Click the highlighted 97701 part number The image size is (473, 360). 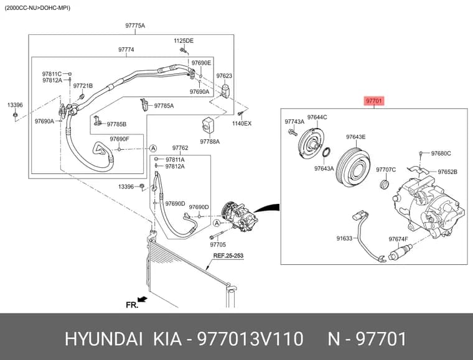pyautogui.click(x=374, y=101)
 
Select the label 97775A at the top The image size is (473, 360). pyautogui.click(x=135, y=25)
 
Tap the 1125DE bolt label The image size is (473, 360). pyautogui.click(x=184, y=40)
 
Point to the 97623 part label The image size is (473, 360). pyautogui.click(x=224, y=76)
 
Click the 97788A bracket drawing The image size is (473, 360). pyautogui.click(x=207, y=125)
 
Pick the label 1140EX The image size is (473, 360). pyautogui.click(x=241, y=123)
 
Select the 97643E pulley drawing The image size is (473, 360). pyautogui.click(x=353, y=167)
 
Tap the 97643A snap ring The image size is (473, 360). pyautogui.click(x=326, y=152)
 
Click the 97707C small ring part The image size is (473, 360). pyautogui.click(x=384, y=184)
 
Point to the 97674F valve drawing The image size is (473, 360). pyautogui.click(x=400, y=252)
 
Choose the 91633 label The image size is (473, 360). pyautogui.click(x=344, y=238)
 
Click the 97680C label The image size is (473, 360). pyautogui.click(x=441, y=154)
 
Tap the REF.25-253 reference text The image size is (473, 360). pyautogui.click(x=228, y=256)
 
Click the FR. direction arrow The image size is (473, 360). pyautogui.click(x=142, y=299)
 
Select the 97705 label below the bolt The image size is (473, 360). pyautogui.click(x=218, y=244)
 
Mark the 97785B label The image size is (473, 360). pyautogui.click(x=116, y=124)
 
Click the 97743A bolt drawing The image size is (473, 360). pyautogui.click(x=293, y=132)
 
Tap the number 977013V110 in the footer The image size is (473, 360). pyautogui.click(x=250, y=339)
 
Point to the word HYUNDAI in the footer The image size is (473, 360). pyautogui.click(x=103, y=339)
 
